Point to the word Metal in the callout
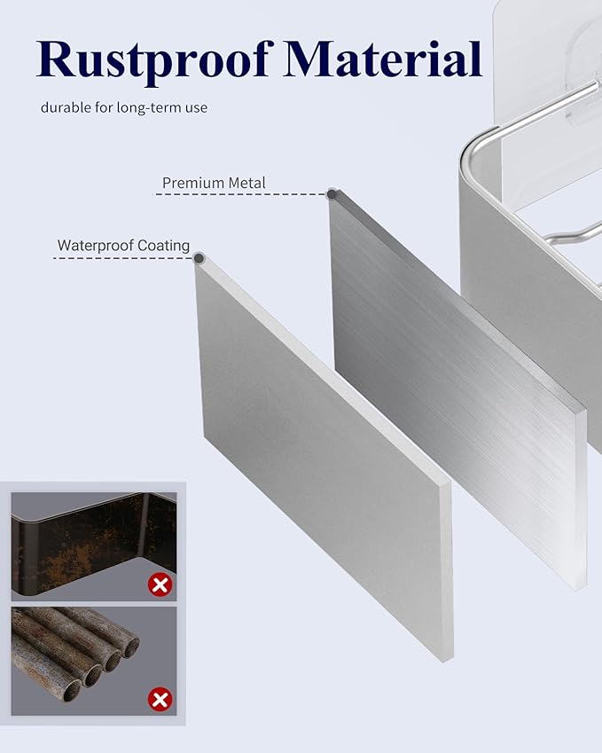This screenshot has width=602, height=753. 246,183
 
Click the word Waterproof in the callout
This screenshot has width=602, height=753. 95,246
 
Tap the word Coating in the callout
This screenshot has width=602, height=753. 164,246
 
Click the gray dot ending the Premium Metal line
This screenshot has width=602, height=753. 332,194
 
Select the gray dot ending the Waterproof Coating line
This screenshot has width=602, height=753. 199,259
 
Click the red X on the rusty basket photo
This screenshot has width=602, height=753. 160,585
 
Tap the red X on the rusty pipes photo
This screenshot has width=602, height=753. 160,699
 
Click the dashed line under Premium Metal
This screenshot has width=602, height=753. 241,194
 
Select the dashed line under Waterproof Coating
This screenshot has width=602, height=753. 123,258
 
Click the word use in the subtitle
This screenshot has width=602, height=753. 197,108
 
